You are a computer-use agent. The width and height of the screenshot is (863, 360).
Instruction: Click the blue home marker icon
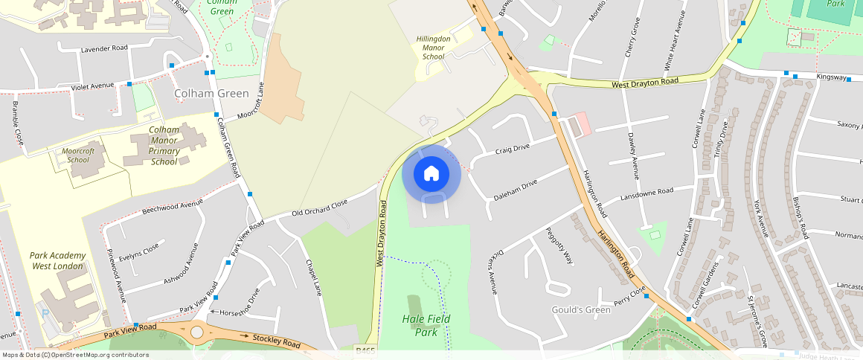click(x=431, y=174)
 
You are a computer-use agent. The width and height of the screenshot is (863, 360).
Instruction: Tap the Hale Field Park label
click(x=426, y=324)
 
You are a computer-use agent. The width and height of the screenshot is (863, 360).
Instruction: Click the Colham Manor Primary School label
click(x=164, y=145)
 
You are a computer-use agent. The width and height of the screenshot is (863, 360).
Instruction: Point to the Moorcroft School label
click(x=77, y=155)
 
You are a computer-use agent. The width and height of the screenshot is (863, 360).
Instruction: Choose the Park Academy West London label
click(x=58, y=260)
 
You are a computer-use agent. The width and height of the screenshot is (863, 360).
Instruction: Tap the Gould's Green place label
click(x=580, y=309)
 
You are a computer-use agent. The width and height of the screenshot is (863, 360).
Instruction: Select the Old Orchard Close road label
click(x=319, y=208)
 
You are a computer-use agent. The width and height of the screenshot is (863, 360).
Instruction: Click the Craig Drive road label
click(x=512, y=149)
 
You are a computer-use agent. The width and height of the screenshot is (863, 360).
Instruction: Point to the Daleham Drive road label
click(x=515, y=190)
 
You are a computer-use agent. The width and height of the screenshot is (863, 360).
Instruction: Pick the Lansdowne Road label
click(x=647, y=195)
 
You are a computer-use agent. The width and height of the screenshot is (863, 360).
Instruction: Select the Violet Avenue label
click(x=93, y=86)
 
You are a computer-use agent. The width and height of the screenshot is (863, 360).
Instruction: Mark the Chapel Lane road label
click(x=312, y=277)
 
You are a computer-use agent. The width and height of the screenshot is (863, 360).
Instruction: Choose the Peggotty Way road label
click(x=559, y=246)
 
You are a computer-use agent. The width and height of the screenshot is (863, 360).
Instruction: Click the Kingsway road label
click(x=831, y=77)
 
